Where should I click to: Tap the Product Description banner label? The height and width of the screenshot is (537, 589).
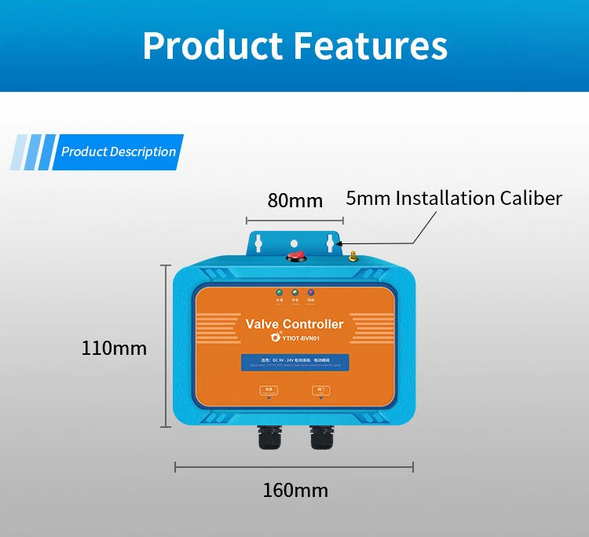119,152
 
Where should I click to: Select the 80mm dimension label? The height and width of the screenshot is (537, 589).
294,200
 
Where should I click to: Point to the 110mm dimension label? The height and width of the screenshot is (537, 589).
114,347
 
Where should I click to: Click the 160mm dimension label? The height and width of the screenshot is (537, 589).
294,491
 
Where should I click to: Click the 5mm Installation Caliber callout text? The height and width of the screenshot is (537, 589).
454,198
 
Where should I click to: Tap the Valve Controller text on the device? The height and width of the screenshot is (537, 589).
294,323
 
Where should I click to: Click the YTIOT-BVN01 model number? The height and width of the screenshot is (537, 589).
300,338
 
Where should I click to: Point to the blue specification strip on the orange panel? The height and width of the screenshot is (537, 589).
294,363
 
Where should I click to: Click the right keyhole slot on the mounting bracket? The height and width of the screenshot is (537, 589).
330,243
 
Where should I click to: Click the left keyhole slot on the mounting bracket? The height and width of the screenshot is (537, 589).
258,243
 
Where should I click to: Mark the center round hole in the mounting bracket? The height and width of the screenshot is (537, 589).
294,243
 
